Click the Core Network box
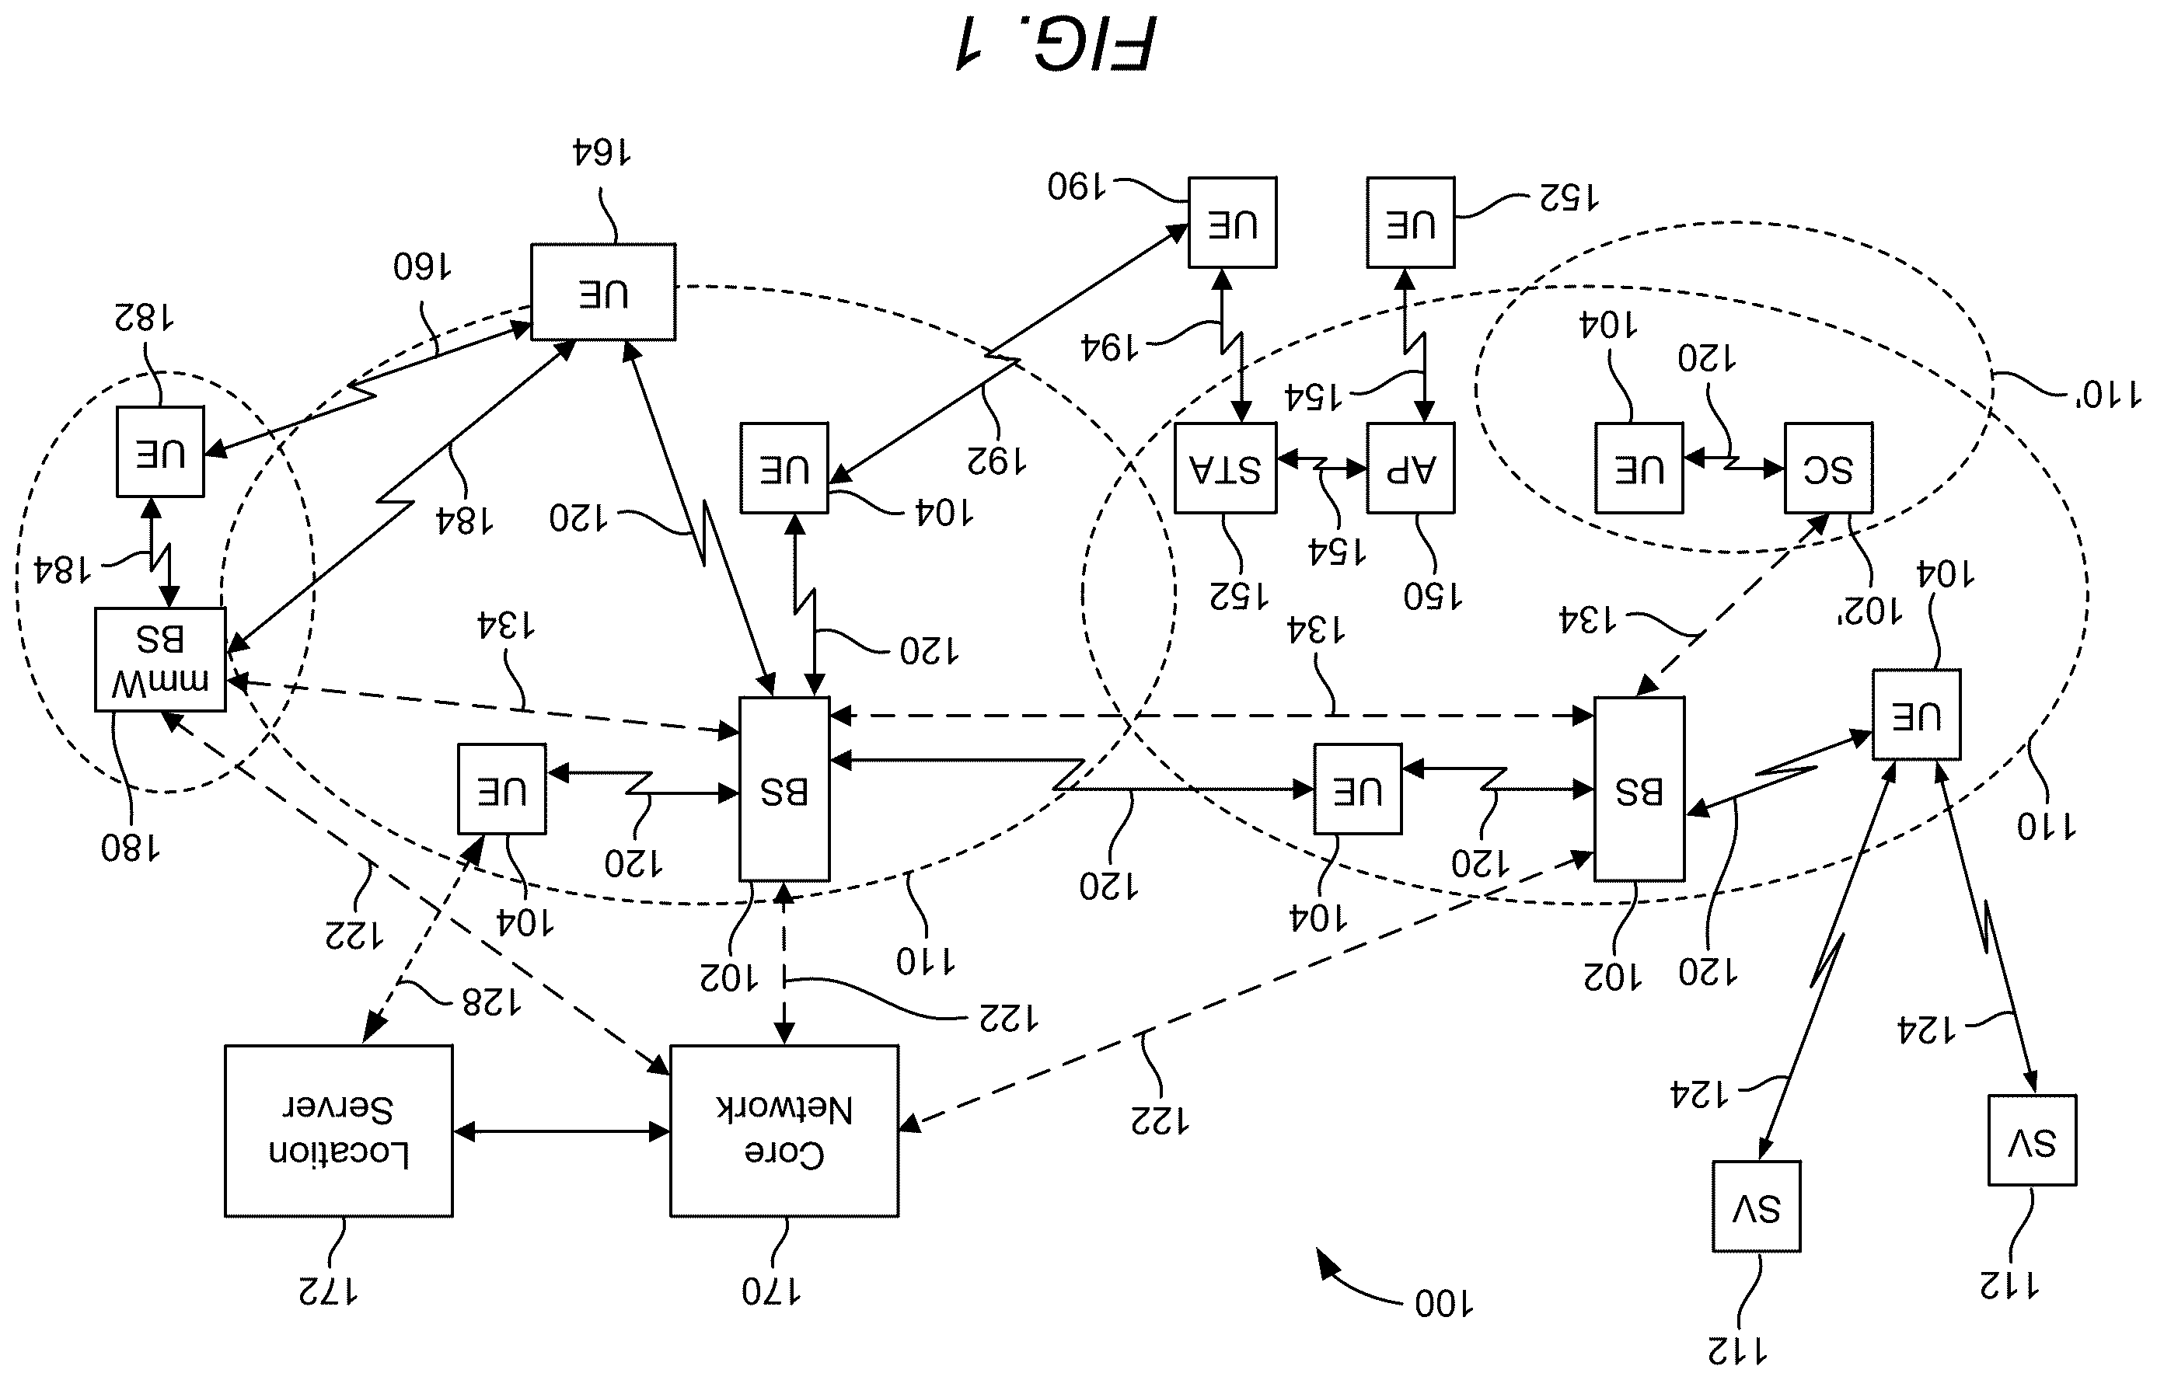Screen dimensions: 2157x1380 click(784, 1131)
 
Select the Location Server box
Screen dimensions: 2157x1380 click(339, 1131)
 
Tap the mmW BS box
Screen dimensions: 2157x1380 click(160, 660)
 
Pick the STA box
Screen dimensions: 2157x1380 click(1226, 468)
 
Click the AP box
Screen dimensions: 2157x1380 click(1411, 468)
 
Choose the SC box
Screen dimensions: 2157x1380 click(1828, 468)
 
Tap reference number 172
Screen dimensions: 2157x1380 click(328, 1291)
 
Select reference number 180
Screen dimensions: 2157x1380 click(131, 848)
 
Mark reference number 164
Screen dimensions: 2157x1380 click(602, 153)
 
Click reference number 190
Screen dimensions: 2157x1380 click(1077, 186)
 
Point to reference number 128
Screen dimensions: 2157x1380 click(491, 1002)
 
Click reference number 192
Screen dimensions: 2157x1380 click(996, 461)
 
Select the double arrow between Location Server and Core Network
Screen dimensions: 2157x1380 click(562, 1133)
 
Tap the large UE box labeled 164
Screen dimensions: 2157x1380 click(603, 292)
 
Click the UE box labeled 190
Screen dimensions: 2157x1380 click(1233, 222)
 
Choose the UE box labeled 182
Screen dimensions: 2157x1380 click(160, 451)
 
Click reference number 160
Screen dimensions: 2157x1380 click(422, 267)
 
